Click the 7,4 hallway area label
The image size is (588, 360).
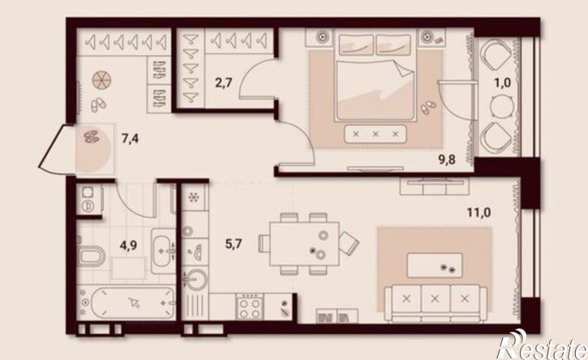tap(130, 139)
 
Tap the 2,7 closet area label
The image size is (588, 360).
tap(224, 83)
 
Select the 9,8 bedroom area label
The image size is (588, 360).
tap(447, 160)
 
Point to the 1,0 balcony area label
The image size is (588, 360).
tap(503, 83)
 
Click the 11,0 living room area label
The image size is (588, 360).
tap(479, 212)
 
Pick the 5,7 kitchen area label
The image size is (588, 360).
tap(234, 245)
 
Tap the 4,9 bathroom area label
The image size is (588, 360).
tap(128, 246)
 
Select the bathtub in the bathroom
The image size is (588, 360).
tap(127, 302)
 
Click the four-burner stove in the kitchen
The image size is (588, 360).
tap(250, 306)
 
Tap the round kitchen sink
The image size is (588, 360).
tap(195, 280)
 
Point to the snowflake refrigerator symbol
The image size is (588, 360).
tap(194, 198)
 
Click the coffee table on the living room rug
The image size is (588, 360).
tap(435, 265)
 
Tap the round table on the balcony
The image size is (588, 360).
tap(501, 105)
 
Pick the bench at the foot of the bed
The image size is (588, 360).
tap(376, 134)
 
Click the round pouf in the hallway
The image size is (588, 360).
tap(101, 80)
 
